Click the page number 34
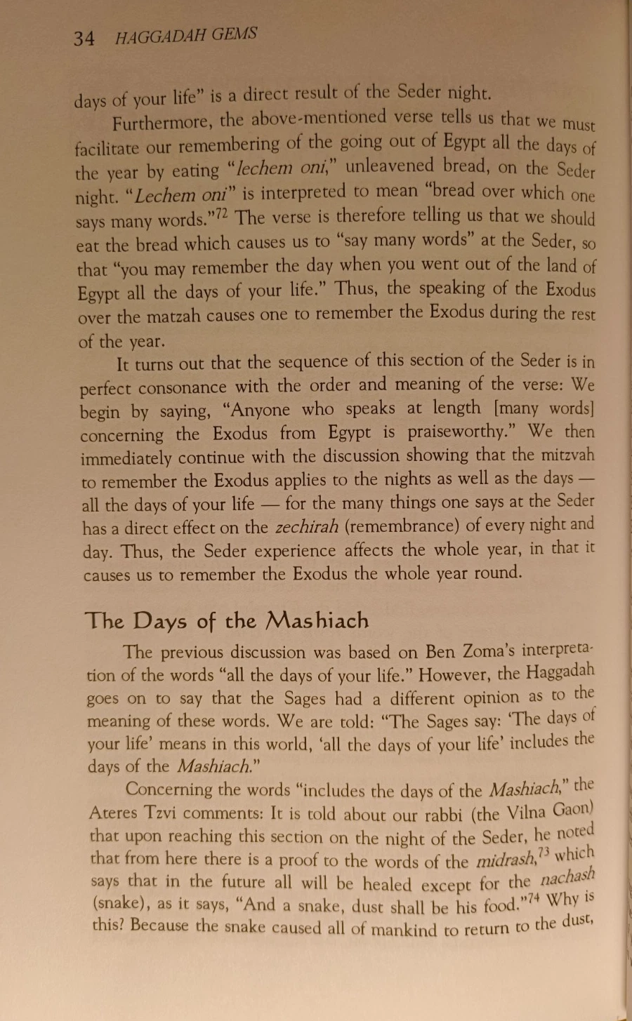(x=84, y=38)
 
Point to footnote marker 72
(x=221, y=213)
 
